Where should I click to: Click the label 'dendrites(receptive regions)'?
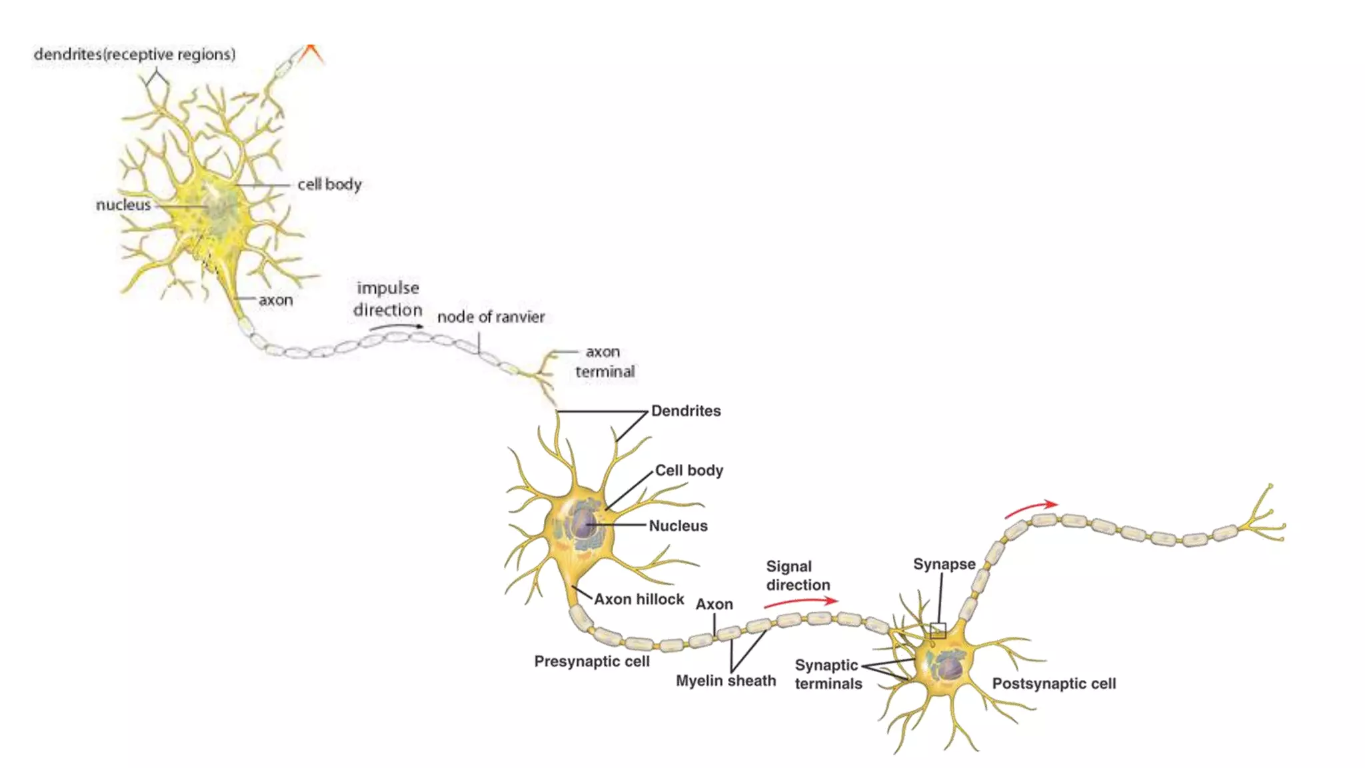[x=135, y=55]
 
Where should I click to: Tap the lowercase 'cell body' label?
[x=329, y=185]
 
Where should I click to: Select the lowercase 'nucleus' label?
[x=123, y=205]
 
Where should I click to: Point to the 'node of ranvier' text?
[x=491, y=317]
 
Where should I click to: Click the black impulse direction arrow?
[x=397, y=327]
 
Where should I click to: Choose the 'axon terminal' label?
[x=604, y=362]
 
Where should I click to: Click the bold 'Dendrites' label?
[x=686, y=411]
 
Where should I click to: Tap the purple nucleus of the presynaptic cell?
[x=585, y=524]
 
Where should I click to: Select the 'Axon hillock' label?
[x=639, y=599]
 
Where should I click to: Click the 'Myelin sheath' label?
[x=726, y=681]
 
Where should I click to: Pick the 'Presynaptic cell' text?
[x=591, y=662]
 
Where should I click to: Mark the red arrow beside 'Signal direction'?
[x=800, y=602]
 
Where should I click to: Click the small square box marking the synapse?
[x=938, y=631]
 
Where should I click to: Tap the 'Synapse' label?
[x=944, y=565]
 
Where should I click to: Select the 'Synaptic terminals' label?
[x=827, y=675]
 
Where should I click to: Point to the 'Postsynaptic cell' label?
[x=1054, y=684]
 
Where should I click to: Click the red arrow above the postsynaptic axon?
[x=1031, y=509]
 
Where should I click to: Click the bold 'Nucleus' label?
[x=678, y=526]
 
